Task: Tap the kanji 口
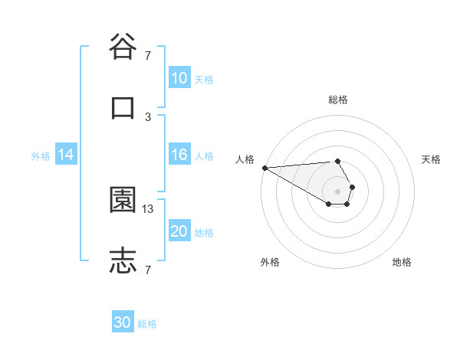point(123,108)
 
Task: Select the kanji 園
point(123,201)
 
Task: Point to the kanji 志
point(123,260)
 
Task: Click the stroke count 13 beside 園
point(148,208)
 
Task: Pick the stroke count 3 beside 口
point(148,116)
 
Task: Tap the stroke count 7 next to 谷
point(148,55)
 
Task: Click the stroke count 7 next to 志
point(148,269)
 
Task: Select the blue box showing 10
point(179,78)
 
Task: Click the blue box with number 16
point(179,155)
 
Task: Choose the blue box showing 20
point(179,231)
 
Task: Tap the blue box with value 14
point(66,155)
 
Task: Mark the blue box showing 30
point(123,322)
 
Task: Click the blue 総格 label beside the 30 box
point(147,324)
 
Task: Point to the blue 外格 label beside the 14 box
point(41,155)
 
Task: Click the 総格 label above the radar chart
point(338,100)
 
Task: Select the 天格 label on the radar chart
point(431,159)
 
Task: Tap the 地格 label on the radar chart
point(402,262)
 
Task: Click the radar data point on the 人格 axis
point(264,168)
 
